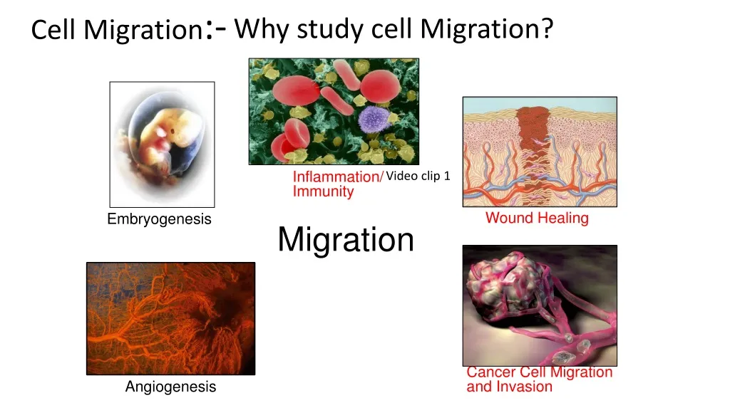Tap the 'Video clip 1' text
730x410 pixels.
coord(418,177)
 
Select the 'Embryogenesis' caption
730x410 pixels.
coord(159,219)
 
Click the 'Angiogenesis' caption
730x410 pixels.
coord(170,387)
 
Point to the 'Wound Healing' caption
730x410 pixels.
coord(537,218)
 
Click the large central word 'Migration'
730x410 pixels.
coord(346,239)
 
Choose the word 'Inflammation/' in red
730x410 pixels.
coord(339,177)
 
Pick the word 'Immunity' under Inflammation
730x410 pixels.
coord(323,191)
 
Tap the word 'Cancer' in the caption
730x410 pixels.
coord(491,372)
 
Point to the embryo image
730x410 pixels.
coord(162,144)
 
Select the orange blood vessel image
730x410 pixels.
coord(170,318)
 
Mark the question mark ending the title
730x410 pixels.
coord(547,28)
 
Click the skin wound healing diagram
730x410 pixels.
coord(540,152)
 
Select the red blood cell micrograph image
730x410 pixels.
coord(333,112)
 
